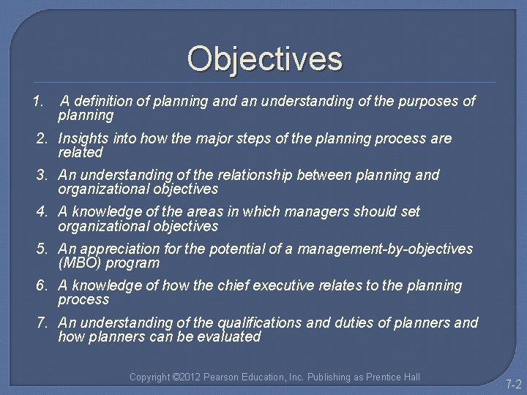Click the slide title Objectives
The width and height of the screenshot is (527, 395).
pyautogui.click(x=264, y=59)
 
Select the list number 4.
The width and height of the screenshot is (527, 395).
pyautogui.click(x=43, y=211)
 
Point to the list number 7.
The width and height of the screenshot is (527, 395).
pyautogui.click(x=43, y=323)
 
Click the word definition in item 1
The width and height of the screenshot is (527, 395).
pyautogui.click(x=103, y=101)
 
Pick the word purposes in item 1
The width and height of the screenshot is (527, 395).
pyautogui.click(x=428, y=101)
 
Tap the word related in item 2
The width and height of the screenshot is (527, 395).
pyautogui.click(x=81, y=153)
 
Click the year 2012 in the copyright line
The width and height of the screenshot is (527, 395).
pyautogui.click(x=190, y=377)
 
